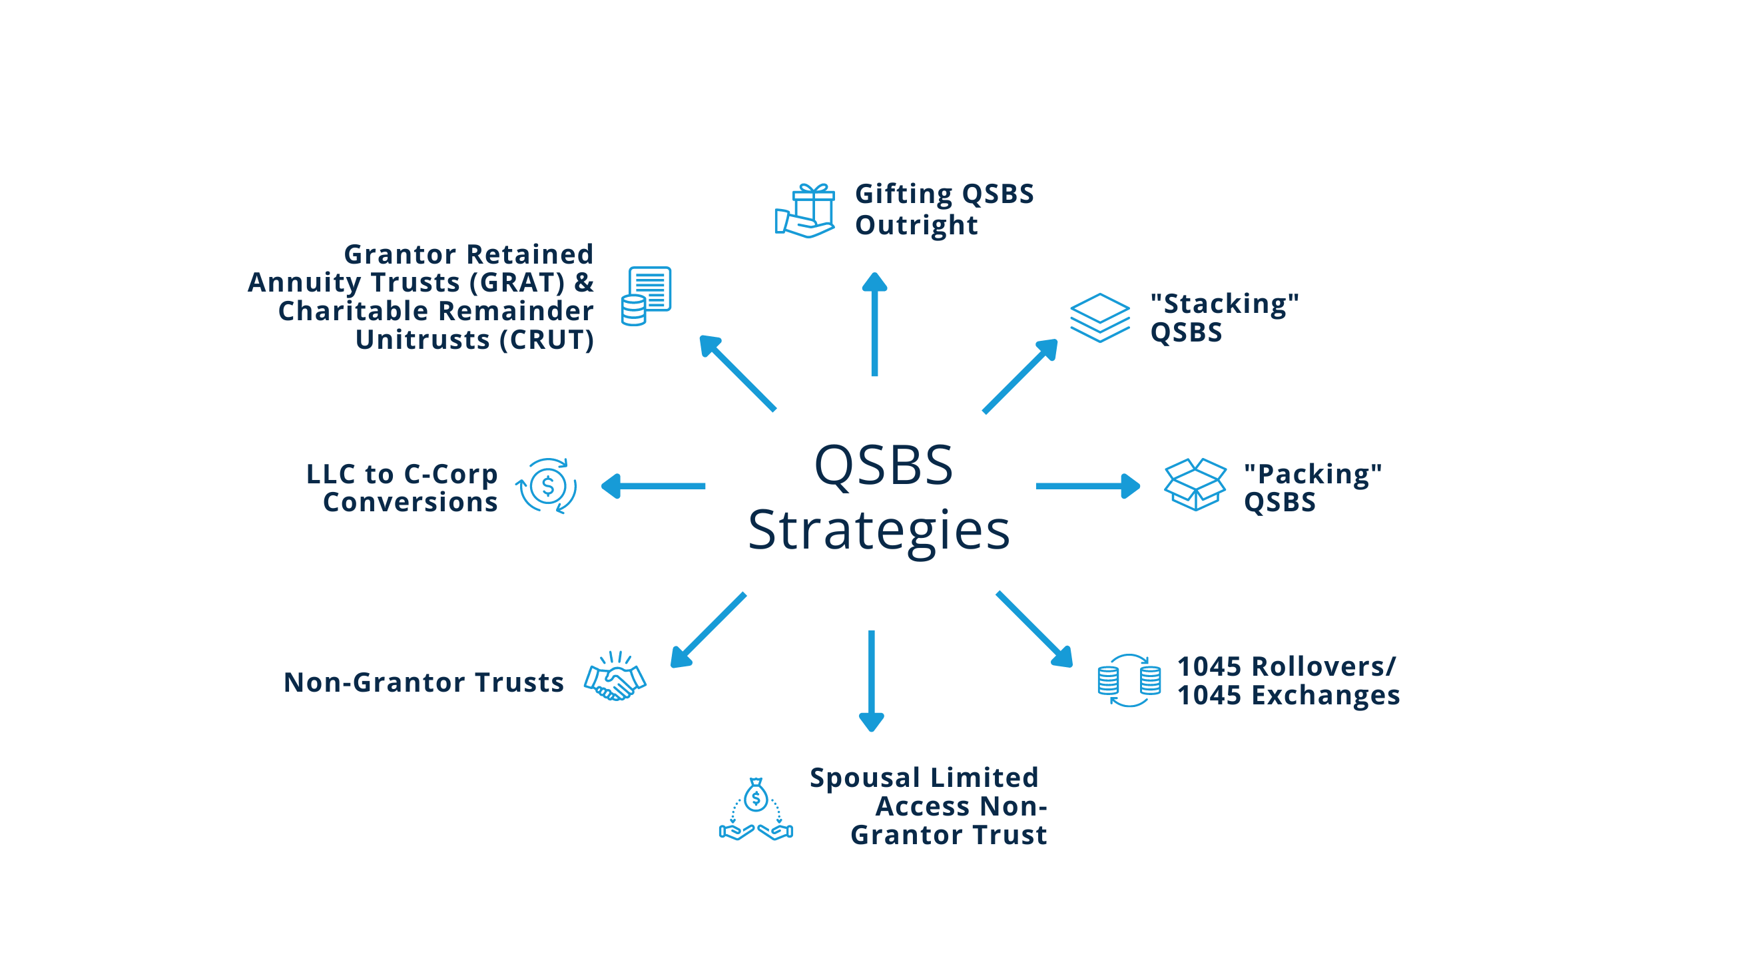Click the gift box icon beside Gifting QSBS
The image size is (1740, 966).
click(804, 211)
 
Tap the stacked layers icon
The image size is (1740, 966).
click(1099, 318)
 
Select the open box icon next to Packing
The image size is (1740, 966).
click(1195, 485)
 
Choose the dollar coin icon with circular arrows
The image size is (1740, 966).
click(547, 486)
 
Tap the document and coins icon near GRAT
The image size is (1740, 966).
click(646, 296)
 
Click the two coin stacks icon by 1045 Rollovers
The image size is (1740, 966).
click(1129, 680)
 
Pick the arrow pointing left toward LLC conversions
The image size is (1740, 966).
click(653, 486)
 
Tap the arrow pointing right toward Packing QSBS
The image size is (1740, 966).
click(1087, 486)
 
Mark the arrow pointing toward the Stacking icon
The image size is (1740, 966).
click(1020, 375)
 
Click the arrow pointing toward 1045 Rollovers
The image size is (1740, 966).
click(1034, 629)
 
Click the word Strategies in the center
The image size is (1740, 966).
click(878, 531)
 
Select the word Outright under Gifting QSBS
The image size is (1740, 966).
click(916, 225)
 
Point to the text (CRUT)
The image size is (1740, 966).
click(547, 340)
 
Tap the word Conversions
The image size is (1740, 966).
click(410, 503)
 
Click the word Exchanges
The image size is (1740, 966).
click(1325, 695)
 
